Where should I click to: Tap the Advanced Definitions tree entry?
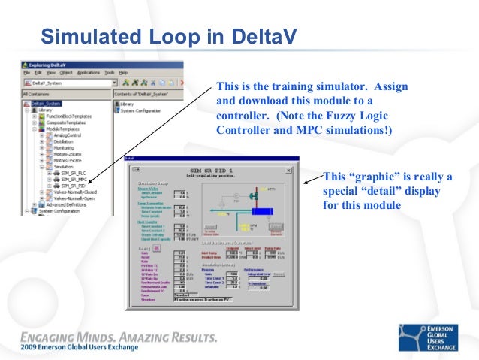pos(68,204)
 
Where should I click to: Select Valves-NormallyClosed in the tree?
pos(75,191)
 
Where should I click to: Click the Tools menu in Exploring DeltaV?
pos(110,73)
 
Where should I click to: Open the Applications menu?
pos(88,73)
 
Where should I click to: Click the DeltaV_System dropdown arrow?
pos(113,83)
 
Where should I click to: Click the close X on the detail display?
pos(294,159)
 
